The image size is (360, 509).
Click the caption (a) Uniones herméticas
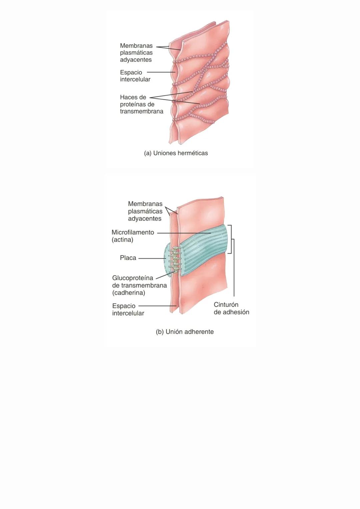176,153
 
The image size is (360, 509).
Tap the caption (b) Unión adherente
185,332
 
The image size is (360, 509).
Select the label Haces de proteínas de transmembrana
141,104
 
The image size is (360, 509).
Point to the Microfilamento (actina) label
133,236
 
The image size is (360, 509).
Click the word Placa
128,258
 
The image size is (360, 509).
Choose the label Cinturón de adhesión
231,308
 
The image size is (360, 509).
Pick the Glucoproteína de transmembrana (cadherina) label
139,285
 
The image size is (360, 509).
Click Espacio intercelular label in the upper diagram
135,76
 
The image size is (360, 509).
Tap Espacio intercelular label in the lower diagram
128,310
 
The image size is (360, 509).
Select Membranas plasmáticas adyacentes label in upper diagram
136,53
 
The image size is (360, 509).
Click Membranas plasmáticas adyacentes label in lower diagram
145,211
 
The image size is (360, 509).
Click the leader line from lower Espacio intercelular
157,306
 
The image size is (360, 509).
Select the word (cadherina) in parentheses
129,293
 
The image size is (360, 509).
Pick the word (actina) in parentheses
122,240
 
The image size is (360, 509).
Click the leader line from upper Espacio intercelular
160,72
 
